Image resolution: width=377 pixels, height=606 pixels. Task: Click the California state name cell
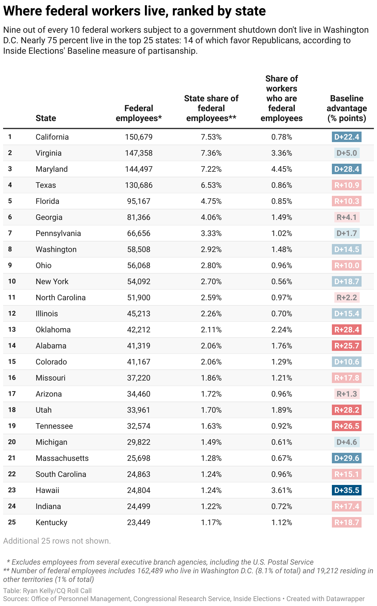[52, 137]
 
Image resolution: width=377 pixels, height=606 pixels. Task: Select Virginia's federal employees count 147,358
[139, 153]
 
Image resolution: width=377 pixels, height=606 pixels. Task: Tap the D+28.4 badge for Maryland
[347, 169]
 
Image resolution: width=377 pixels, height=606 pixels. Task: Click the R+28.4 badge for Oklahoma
[347, 330]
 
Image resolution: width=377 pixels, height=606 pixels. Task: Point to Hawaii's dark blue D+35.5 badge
[347, 490]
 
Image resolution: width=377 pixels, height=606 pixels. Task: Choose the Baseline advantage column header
[347, 108]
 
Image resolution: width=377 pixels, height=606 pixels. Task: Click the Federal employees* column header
[139, 113]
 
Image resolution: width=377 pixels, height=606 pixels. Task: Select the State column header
[46, 118]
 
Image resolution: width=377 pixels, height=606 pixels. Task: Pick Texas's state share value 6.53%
[211, 185]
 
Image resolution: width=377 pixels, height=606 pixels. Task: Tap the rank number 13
[12, 330]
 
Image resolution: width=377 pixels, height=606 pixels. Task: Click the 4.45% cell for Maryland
[282, 169]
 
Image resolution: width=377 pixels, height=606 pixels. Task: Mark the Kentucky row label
[51, 522]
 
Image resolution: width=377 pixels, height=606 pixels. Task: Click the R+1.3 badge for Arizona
[347, 394]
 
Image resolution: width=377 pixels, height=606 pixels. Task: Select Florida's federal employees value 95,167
[139, 201]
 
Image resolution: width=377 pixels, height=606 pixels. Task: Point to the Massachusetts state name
[62, 458]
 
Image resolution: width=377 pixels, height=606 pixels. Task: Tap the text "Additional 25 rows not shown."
[57, 541]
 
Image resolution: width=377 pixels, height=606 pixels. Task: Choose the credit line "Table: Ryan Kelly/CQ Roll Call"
[47, 591]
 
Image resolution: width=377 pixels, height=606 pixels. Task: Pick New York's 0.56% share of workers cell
[282, 281]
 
